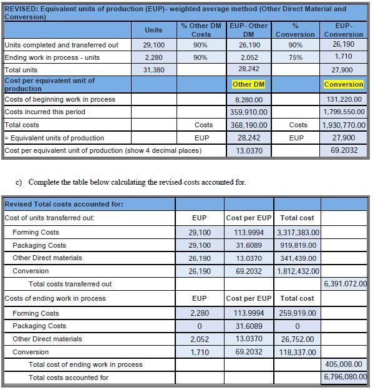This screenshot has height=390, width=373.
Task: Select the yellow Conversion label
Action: (x=344, y=84)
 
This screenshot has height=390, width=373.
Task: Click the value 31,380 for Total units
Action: (x=153, y=71)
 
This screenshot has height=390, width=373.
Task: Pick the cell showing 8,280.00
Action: (x=248, y=99)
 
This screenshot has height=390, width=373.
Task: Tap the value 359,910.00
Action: (x=248, y=112)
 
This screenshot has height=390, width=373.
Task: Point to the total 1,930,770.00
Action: (x=344, y=125)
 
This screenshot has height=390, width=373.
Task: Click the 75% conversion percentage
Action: (x=296, y=57)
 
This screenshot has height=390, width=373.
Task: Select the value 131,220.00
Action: (x=344, y=99)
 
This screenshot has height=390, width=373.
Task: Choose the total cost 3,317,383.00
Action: (x=298, y=232)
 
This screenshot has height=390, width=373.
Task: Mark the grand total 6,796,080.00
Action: (x=345, y=378)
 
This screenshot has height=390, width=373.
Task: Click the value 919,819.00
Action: (x=298, y=245)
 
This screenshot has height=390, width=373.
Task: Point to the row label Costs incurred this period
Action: (x=45, y=112)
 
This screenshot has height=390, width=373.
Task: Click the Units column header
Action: (x=153, y=30)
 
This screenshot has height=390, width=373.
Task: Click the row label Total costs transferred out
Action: (x=70, y=284)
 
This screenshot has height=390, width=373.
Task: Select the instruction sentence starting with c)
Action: (x=130, y=182)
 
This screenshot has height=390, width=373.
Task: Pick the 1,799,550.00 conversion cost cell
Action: (x=344, y=112)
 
